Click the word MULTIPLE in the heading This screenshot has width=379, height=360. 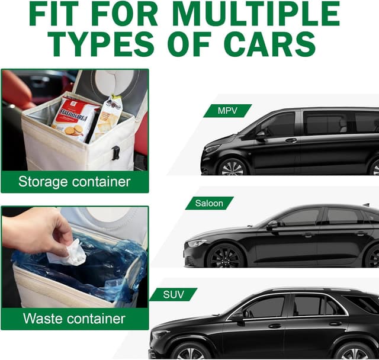point(256,14)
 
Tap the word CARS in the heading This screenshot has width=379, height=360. point(270,44)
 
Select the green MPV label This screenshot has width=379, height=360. point(227,111)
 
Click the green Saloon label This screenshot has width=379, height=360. point(209,203)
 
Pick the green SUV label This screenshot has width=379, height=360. point(174,294)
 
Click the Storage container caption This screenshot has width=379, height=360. point(75,182)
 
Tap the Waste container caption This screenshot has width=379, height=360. point(74,319)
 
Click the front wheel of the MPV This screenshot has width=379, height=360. point(232,167)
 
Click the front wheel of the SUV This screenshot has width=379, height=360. point(191,351)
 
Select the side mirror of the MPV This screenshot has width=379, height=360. point(261,136)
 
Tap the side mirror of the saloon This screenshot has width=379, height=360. point(271,225)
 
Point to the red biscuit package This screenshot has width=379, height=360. point(75,119)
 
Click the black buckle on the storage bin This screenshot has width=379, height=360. point(115,153)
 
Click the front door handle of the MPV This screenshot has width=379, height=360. point(291,140)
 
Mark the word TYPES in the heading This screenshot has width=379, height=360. point(101,44)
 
